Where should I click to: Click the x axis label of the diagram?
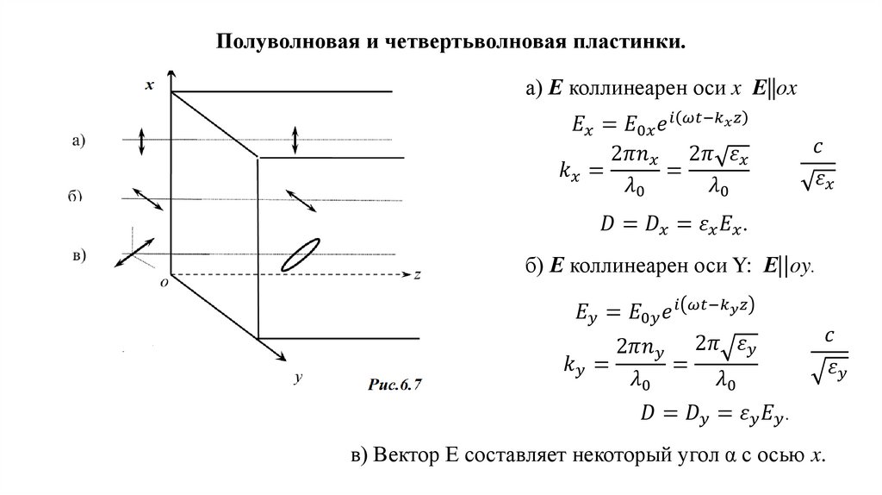(150, 85)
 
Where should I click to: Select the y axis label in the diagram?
(296, 377)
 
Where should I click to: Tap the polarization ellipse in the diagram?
(301, 253)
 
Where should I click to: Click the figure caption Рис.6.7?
(394, 385)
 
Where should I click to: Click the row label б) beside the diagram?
(75, 197)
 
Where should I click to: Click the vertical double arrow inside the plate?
(295, 139)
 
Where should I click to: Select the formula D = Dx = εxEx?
(672, 225)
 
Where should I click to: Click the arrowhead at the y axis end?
(282, 355)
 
